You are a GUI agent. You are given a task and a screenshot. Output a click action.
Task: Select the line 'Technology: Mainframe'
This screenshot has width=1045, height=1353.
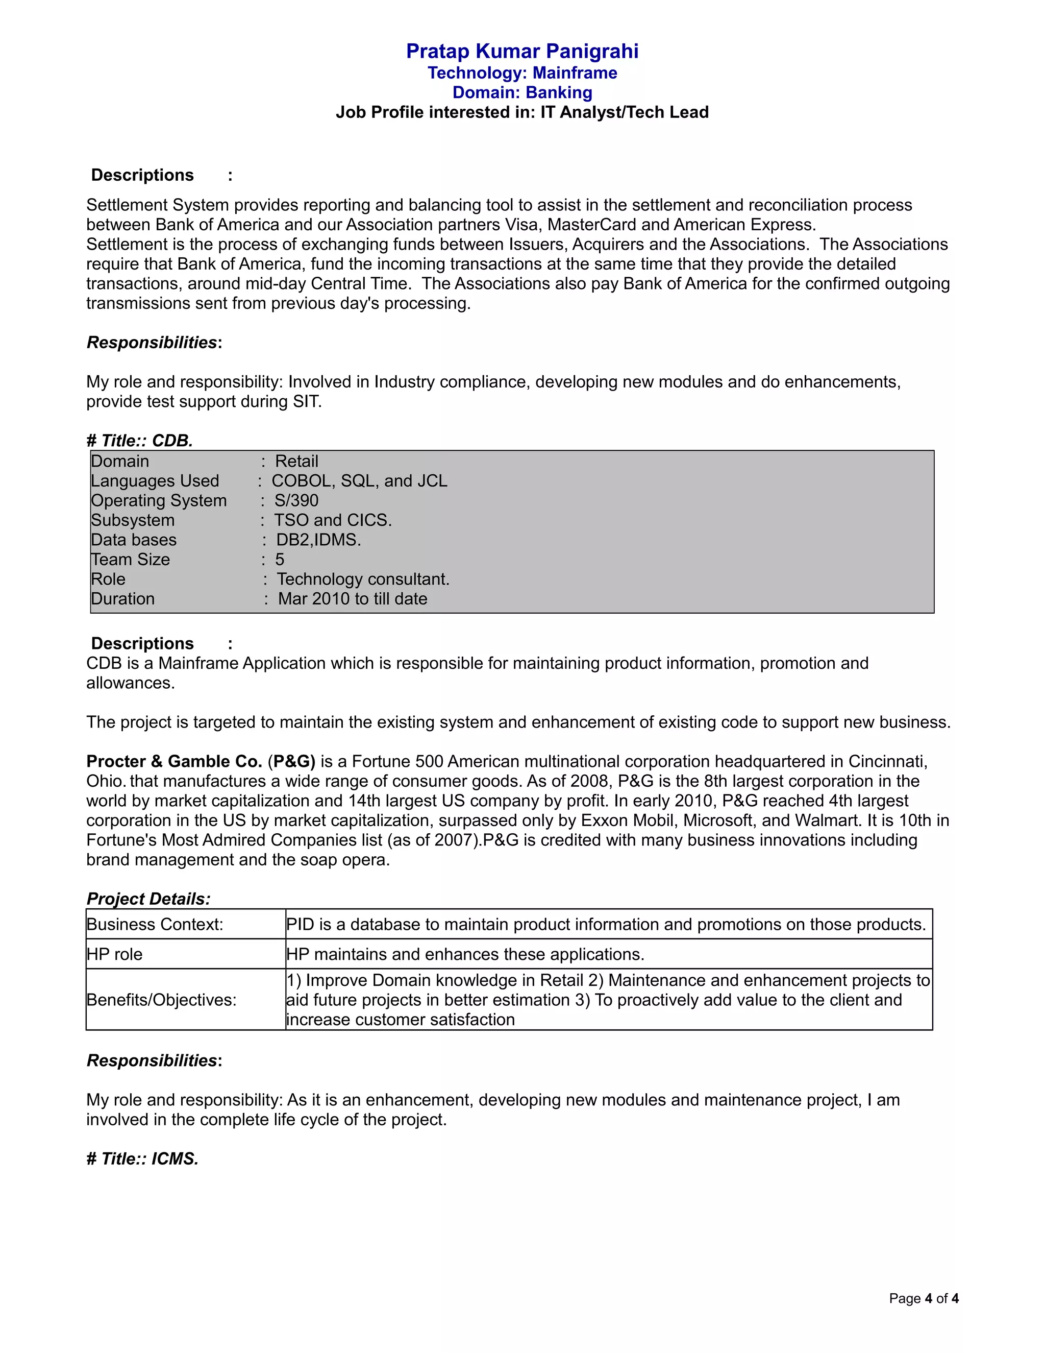[522, 73]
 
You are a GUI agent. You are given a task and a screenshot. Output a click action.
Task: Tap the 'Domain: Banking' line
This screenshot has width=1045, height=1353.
[522, 93]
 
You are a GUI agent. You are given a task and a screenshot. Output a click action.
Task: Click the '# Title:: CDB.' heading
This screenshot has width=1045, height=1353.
[140, 441]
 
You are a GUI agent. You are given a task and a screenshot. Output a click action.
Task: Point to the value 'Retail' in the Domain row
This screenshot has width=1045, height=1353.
[296, 462]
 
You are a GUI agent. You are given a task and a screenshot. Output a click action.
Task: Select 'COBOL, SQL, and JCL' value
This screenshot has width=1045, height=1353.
[359, 481]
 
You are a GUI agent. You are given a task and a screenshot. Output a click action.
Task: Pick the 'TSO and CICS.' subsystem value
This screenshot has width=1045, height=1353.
[333, 520]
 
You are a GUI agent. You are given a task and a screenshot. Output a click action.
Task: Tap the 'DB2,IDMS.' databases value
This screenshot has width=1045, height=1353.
[318, 540]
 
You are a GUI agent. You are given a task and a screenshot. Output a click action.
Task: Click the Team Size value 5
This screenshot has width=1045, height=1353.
[280, 560]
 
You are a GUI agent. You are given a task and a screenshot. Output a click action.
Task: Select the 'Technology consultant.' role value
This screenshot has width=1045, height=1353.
[363, 579]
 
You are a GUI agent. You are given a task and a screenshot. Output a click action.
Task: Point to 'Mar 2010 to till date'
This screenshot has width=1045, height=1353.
[352, 599]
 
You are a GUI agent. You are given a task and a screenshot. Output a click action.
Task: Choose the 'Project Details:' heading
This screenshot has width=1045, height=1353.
[148, 899]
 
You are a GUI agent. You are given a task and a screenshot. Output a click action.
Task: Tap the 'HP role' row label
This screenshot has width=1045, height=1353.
[114, 954]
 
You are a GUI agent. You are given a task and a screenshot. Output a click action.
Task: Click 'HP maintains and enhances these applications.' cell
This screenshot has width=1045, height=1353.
[465, 954]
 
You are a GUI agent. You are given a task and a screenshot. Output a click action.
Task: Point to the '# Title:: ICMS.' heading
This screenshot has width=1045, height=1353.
[143, 1158]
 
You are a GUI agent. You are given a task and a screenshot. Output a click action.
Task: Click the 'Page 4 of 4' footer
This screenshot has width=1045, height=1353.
[923, 1298]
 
